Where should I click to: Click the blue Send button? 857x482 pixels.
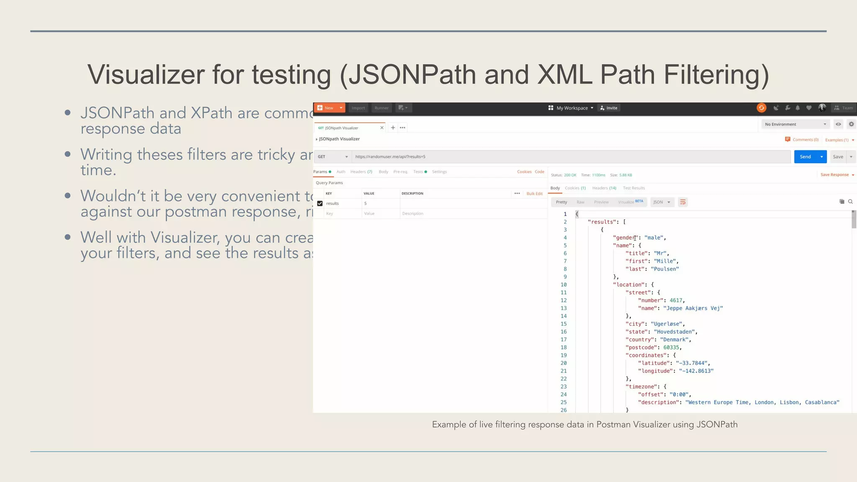805,156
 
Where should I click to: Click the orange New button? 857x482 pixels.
326,108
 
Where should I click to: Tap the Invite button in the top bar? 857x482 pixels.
609,108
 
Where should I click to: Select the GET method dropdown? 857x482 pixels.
332,156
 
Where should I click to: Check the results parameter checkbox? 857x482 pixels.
320,203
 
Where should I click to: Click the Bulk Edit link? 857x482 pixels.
534,193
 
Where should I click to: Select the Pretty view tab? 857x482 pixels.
561,202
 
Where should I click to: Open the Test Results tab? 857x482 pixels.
634,188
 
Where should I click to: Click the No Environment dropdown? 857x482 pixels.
795,124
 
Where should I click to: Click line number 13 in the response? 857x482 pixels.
563,308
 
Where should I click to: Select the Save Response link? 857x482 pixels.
834,174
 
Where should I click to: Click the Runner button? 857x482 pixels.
381,108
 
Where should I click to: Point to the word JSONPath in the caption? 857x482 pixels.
716,424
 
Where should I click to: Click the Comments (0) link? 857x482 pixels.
805,140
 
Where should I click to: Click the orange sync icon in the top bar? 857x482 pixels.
761,108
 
